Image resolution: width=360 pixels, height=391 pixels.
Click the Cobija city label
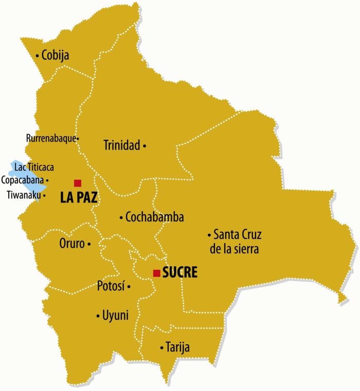point(56,55)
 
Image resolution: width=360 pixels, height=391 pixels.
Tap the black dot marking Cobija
point(38,55)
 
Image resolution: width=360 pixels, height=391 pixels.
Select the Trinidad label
point(122,145)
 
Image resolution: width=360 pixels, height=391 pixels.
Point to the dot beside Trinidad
point(145,146)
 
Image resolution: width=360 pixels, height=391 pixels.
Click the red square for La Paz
point(78,183)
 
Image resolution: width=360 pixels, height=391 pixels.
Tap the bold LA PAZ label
point(79,197)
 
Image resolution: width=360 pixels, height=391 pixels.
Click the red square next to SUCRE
point(156,273)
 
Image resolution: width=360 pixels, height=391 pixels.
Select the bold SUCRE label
point(180,273)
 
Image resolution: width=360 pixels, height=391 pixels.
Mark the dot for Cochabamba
point(121,218)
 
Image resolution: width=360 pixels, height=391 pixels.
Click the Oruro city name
point(71,244)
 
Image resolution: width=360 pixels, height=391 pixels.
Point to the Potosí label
point(111,286)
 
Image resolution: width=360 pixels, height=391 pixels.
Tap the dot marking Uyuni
point(98,316)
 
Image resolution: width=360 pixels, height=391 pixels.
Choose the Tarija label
point(177,347)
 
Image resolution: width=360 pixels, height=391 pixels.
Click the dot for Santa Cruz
point(209,235)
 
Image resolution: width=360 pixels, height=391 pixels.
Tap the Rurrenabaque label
point(51,138)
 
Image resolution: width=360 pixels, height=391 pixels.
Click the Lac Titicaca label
point(34,167)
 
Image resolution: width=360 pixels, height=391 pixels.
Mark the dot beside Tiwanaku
point(44,195)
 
